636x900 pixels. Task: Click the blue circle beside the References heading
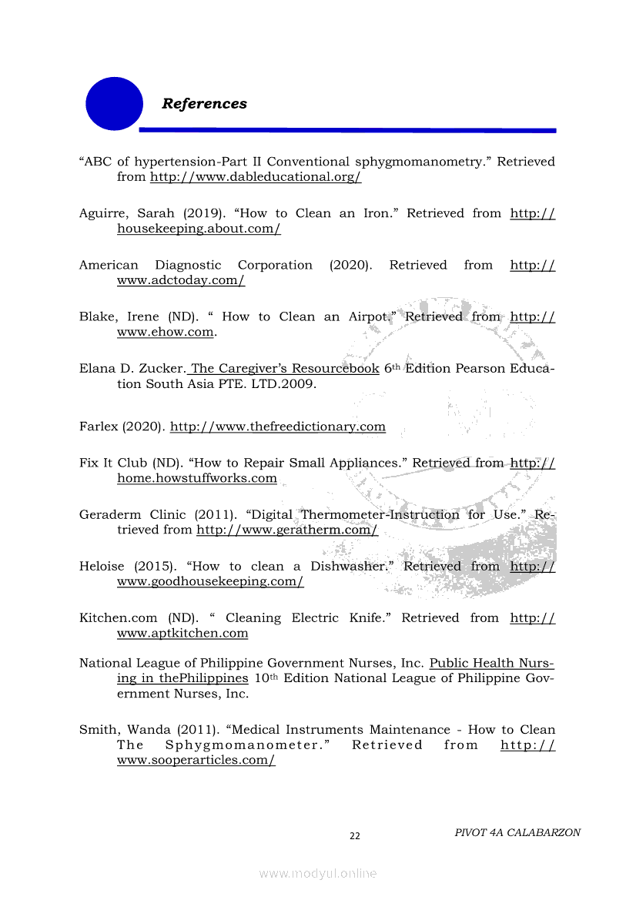point(114,103)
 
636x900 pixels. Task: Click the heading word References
point(204,104)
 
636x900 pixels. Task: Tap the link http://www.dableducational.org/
point(255,177)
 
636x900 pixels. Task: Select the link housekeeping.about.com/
point(199,229)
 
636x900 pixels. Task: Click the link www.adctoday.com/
point(181,281)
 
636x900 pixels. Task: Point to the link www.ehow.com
point(165,333)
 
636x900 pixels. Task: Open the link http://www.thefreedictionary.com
point(277,427)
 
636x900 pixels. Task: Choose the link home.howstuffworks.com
point(196,479)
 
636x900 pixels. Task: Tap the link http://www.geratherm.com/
point(286,530)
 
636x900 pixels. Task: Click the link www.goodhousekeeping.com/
point(210,582)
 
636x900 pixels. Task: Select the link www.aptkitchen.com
point(182,634)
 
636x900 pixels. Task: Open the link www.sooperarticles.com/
point(196,761)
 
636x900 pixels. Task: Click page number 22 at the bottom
point(355,836)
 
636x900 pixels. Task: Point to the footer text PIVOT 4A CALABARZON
point(517,832)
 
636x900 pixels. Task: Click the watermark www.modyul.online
point(318,874)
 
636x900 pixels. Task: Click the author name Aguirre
point(104,213)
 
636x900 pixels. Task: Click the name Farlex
point(99,427)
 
